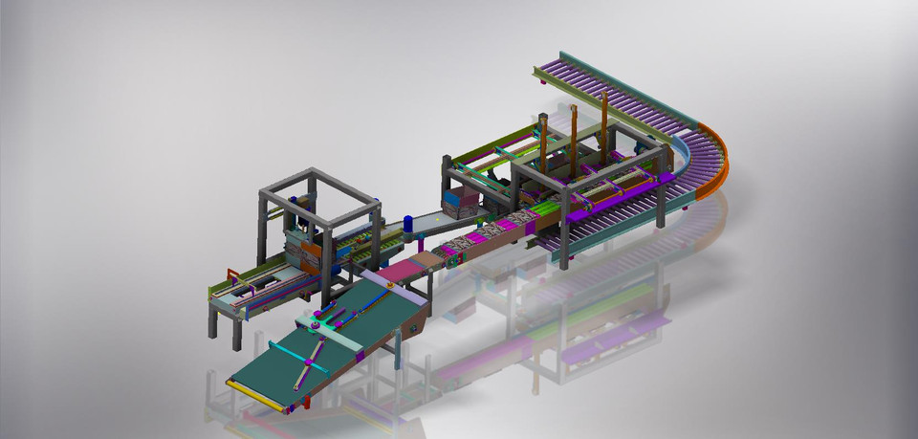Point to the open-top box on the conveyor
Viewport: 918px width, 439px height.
tap(463, 203)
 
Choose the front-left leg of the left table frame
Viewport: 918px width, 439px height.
tap(213, 320)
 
